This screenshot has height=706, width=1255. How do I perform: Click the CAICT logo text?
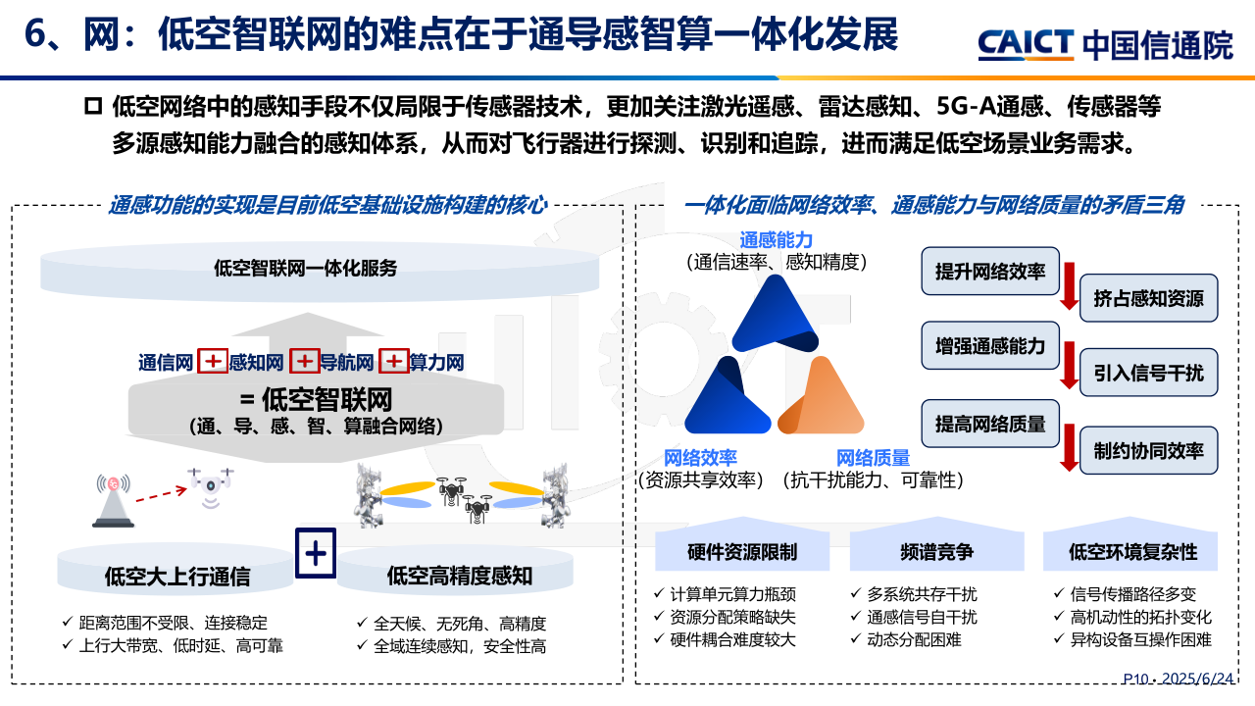(x=1026, y=44)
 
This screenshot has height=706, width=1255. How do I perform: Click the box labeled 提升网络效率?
(x=990, y=272)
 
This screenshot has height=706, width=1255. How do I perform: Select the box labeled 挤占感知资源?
(x=1148, y=298)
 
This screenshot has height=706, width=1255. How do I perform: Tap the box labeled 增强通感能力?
(x=990, y=346)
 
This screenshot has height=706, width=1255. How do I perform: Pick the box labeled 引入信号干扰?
(x=1148, y=373)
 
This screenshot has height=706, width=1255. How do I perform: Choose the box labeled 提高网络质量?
(x=990, y=424)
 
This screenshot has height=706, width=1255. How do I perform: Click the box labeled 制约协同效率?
(x=1148, y=450)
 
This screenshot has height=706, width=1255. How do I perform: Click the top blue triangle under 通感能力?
(x=776, y=317)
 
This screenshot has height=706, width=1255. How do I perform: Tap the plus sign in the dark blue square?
(x=316, y=553)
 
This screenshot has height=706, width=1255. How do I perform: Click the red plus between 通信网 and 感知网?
(x=213, y=361)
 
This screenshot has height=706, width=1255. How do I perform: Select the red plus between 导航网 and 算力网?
(x=394, y=361)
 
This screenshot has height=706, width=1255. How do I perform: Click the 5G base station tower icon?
(x=113, y=500)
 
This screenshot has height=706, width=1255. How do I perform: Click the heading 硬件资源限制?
(x=742, y=552)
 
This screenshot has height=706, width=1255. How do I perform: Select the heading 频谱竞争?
(x=936, y=552)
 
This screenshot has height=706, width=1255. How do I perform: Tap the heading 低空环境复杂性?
(x=1132, y=552)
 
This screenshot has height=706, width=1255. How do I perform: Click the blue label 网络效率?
(x=700, y=458)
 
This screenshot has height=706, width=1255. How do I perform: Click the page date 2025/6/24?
(x=1198, y=679)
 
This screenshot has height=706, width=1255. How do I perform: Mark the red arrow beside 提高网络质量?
(x=1070, y=446)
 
